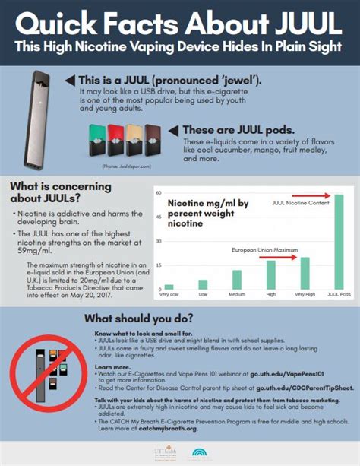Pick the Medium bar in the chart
click(237, 281)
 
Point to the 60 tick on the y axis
click(159, 193)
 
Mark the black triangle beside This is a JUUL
click(71, 80)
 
